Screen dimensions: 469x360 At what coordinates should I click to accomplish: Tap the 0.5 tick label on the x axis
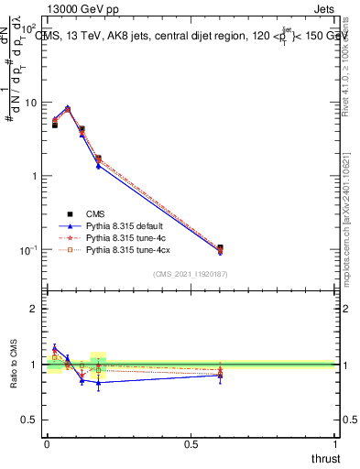pos(191,444)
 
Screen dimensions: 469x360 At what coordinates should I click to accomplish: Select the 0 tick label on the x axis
pos(47,444)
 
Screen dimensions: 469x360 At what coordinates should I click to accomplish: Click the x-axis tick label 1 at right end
pos(335,444)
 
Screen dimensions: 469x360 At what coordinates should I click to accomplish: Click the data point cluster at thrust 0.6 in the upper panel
pos(220,249)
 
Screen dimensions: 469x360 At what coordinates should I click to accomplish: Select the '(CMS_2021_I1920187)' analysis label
pos(191,273)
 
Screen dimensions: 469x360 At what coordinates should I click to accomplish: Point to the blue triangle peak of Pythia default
pos(67,107)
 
